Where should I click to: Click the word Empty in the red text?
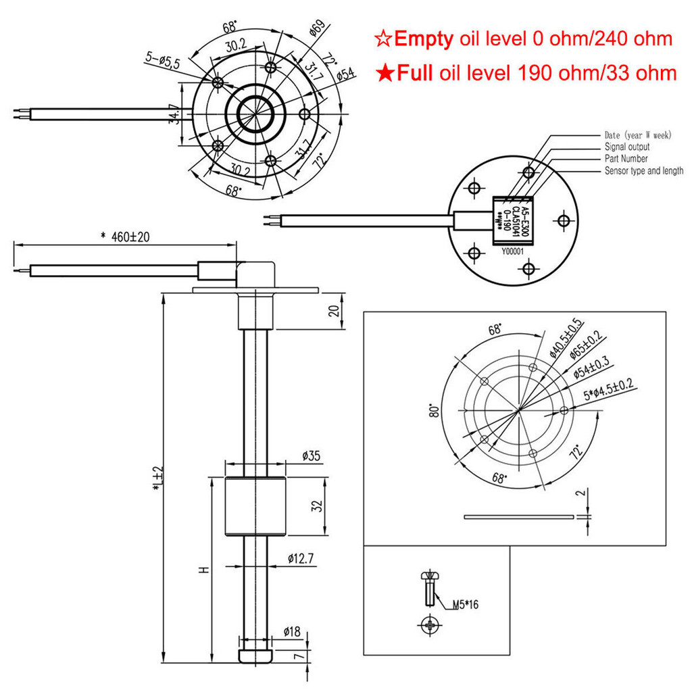click(423, 39)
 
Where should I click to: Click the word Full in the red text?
click(414, 73)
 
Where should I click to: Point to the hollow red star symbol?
click(382, 39)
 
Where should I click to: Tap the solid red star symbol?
click(385, 73)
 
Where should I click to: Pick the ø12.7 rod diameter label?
click(302, 558)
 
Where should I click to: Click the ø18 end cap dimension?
click(291, 631)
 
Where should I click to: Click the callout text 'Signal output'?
click(626, 147)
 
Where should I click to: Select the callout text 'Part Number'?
click(626, 159)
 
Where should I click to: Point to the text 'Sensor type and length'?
click(643, 171)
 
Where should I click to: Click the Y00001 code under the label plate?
click(514, 251)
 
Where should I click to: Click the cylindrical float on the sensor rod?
click(255, 506)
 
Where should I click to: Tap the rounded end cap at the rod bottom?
click(255, 656)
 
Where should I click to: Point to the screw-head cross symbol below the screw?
click(430, 625)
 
